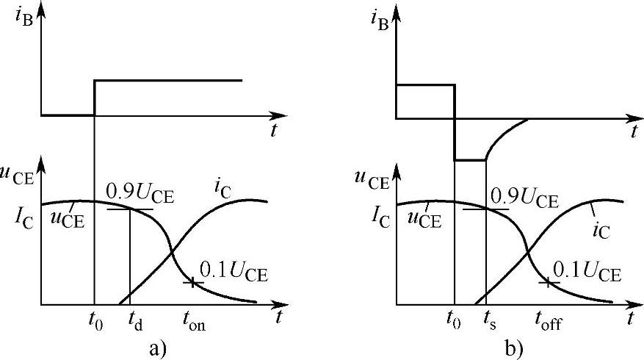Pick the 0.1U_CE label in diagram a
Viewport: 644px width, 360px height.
click(236, 276)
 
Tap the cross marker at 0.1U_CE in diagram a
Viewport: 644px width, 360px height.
click(192, 281)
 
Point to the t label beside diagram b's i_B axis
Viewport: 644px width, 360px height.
click(633, 132)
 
